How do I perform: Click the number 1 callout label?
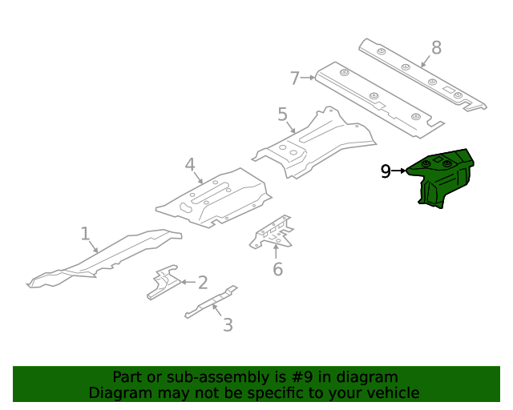click(x=85, y=234)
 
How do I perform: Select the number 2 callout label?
click(x=203, y=282)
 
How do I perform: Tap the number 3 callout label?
click(x=228, y=324)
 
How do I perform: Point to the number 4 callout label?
click(x=190, y=166)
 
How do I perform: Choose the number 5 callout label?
click(x=282, y=115)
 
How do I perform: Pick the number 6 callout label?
click(x=277, y=269)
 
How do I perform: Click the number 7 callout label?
click(x=295, y=78)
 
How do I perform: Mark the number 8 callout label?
click(x=436, y=48)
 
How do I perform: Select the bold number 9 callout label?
click(x=386, y=171)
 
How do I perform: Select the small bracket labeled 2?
click(x=164, y=282)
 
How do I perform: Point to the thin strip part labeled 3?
click(x=210, y=302)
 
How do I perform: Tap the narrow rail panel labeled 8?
click(x=421, y=74)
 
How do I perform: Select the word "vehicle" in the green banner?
click(x=391, y=392)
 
